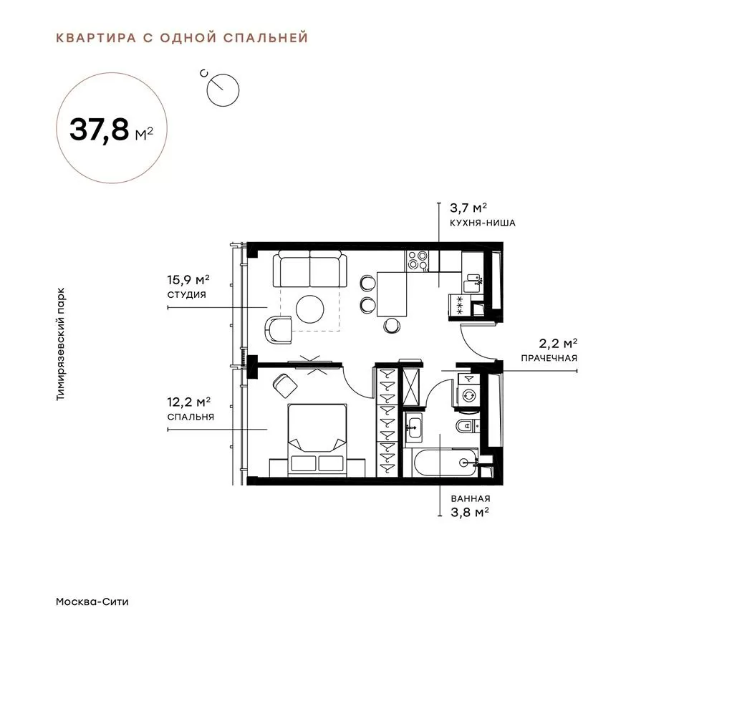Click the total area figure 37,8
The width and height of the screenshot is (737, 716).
pos(99,129)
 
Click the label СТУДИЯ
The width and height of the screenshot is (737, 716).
pos(187,295)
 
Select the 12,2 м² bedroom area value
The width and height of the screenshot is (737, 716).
pos(188,402)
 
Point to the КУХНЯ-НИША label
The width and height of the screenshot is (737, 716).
pos(483,223)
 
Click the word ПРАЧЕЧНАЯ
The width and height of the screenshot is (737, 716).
pos(549,358)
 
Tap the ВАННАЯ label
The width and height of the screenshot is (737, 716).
pos(471,498)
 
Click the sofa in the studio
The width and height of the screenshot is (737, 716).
pos(309,268)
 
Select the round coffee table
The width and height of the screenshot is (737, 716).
pos(309,309)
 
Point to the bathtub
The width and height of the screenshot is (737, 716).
pos(445,463)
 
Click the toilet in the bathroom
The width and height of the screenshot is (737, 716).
pos(467,426)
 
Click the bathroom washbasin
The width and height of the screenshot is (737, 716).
pos(414,428)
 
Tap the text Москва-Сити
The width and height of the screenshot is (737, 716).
pos(92,602)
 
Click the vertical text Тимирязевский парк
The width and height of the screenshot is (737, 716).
pos(61,344)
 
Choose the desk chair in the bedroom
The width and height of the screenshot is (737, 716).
pos(284,384)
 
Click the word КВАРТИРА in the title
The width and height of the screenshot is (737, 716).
pos(96,37)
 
